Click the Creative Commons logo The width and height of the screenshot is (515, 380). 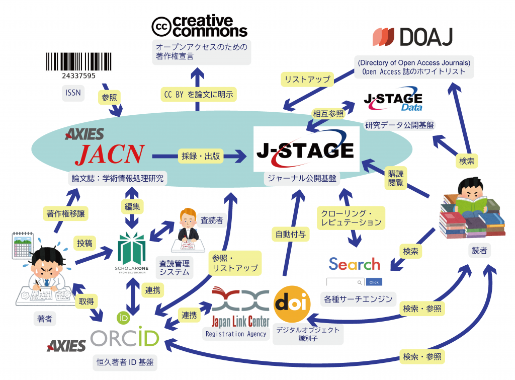click(x=200, y=26)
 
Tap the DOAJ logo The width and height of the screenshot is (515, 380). click(x=412, y=37)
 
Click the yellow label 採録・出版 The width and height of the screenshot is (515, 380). click(x=200, y=157)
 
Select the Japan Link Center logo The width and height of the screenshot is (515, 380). click(x=240, y=307)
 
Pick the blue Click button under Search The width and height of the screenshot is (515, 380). click(x=374, y=282)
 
